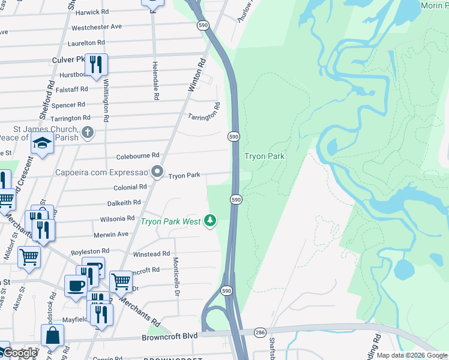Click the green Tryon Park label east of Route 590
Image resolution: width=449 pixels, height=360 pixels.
[264, 156]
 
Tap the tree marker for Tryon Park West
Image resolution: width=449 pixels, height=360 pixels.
[210, 221]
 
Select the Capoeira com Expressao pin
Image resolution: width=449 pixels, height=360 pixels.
[157, 173]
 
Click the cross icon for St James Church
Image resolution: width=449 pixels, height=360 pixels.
[88, 132]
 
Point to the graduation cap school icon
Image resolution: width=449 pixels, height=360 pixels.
[42, 144]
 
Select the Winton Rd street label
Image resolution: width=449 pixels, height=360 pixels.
[197, 74]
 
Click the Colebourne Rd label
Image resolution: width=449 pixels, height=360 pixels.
[138, 155]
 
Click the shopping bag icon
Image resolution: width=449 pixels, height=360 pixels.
[52, 335]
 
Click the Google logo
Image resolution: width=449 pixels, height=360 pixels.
[19, 353]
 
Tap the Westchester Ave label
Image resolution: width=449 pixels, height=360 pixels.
[96, 27]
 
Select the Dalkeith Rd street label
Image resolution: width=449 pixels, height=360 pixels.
[124, 203]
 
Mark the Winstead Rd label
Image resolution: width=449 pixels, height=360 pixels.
[151, 254]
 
